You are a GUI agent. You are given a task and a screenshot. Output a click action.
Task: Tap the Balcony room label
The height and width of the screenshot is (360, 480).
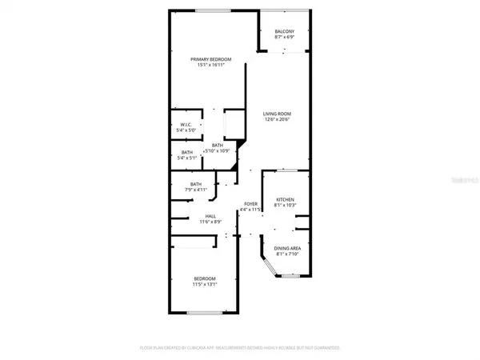pyautogui.click(x=285, y=32)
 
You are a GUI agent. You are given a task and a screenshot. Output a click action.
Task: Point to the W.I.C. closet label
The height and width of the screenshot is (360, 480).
pyautogui.click(x=186, y=124)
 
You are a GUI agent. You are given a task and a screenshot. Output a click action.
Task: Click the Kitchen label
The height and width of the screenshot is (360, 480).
pyautogui.click(x=286, y=199)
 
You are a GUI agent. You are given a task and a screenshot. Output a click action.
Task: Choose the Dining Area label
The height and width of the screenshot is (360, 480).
pyautogui.click(x=286, y=249)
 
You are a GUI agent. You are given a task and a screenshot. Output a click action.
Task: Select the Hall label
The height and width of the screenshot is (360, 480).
pyautogui.click(x=211, y=216)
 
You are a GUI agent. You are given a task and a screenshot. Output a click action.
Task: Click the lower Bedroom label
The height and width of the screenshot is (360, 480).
pyautogui.click(x=205, y=278)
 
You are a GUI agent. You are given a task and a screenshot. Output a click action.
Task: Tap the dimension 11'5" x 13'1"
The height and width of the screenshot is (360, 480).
pyautogui.click(x=205, y=283)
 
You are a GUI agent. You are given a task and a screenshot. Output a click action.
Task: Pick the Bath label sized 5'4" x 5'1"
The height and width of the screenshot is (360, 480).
pyautogui.click(x=186, y=152)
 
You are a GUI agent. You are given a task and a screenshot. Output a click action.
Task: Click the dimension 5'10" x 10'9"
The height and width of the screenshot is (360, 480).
pyautogui.click(x=218, y=150)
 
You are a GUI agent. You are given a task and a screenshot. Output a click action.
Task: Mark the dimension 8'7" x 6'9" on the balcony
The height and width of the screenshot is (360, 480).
pyautogui.click(x=285, y=38)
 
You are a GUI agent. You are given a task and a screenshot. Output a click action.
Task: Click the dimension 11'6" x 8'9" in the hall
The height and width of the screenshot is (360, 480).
pyautogui.click(x=211, y=222)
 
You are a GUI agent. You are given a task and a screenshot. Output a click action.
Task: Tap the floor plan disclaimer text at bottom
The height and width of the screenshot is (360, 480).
pyautogui.click(x=240, y=348)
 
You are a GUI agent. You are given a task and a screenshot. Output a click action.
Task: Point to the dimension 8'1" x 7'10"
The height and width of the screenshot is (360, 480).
pyautogui.click(x=286, y=254)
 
